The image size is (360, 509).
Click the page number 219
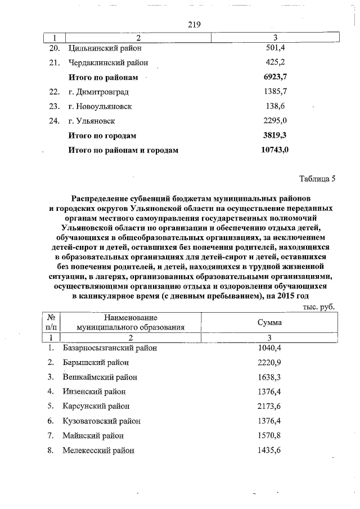click(188, 24)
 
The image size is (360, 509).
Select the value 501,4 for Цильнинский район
click(276, 49)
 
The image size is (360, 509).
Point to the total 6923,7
click(276, 77)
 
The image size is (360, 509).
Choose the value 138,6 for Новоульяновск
click(276, 106)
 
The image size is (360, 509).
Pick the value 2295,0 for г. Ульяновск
click(276, 121)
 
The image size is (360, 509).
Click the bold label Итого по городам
click(102, 136)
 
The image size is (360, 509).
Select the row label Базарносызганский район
click(110, 348)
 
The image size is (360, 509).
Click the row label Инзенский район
click(94, 391)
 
